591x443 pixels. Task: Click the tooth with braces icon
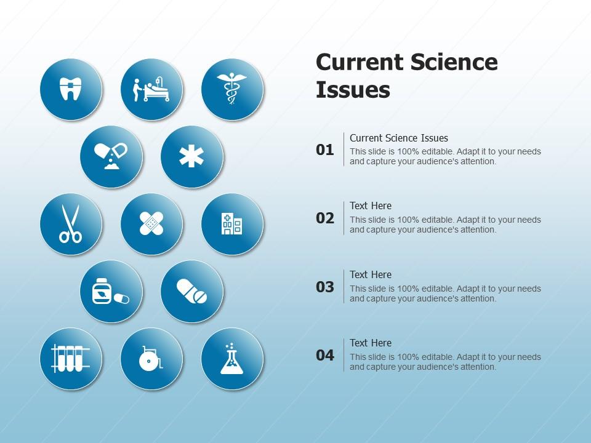pos(71,89)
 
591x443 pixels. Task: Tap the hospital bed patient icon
pos(151,89)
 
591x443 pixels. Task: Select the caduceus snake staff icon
pos(232,89)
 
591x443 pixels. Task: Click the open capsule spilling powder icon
pos(111,156)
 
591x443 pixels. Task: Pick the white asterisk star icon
pos(191,156)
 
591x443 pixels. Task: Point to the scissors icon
pos(70,224)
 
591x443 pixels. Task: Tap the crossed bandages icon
pos(151,224)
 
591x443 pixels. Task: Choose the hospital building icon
pos(232,224)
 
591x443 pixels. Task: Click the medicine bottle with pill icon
pos(111,291)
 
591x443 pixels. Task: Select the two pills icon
pos(192,291)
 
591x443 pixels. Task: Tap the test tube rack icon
pos(70,358)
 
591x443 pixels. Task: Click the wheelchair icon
pos(151,358)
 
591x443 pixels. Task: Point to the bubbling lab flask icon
pos(232,359)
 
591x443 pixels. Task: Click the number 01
pos(325,150)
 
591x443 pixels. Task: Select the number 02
pos(325,218)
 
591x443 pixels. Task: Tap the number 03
pos(325,287)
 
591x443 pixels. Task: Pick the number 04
pos(325,355)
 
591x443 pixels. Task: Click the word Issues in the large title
pos(353,90)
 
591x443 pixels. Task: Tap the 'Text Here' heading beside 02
pos(371,206)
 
